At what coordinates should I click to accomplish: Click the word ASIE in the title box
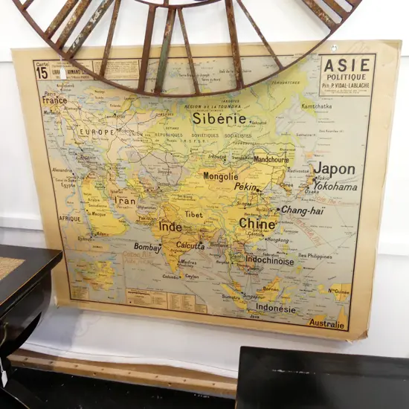pos(347,65)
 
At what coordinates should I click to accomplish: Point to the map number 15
pos(42,73)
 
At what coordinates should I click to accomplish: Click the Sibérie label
pos(219,118)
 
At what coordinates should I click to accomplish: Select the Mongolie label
pos(221,177)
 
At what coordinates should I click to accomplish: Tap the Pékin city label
pos(245,187)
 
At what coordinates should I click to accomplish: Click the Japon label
pos(334,169)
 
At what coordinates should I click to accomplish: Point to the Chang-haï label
pos(302,210)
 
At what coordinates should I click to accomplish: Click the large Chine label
pos(257,223)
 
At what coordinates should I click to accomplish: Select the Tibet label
pos(193,214)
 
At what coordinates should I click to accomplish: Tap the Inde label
pos(170,227)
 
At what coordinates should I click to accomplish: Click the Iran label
pos(125,201)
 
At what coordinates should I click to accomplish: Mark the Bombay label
pos(147,248)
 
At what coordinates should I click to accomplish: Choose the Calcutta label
pos(190,246)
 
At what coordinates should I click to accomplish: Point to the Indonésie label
pos(275,309)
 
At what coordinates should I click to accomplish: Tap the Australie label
pos(327,324)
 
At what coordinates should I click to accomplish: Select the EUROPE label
pos(97,132)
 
